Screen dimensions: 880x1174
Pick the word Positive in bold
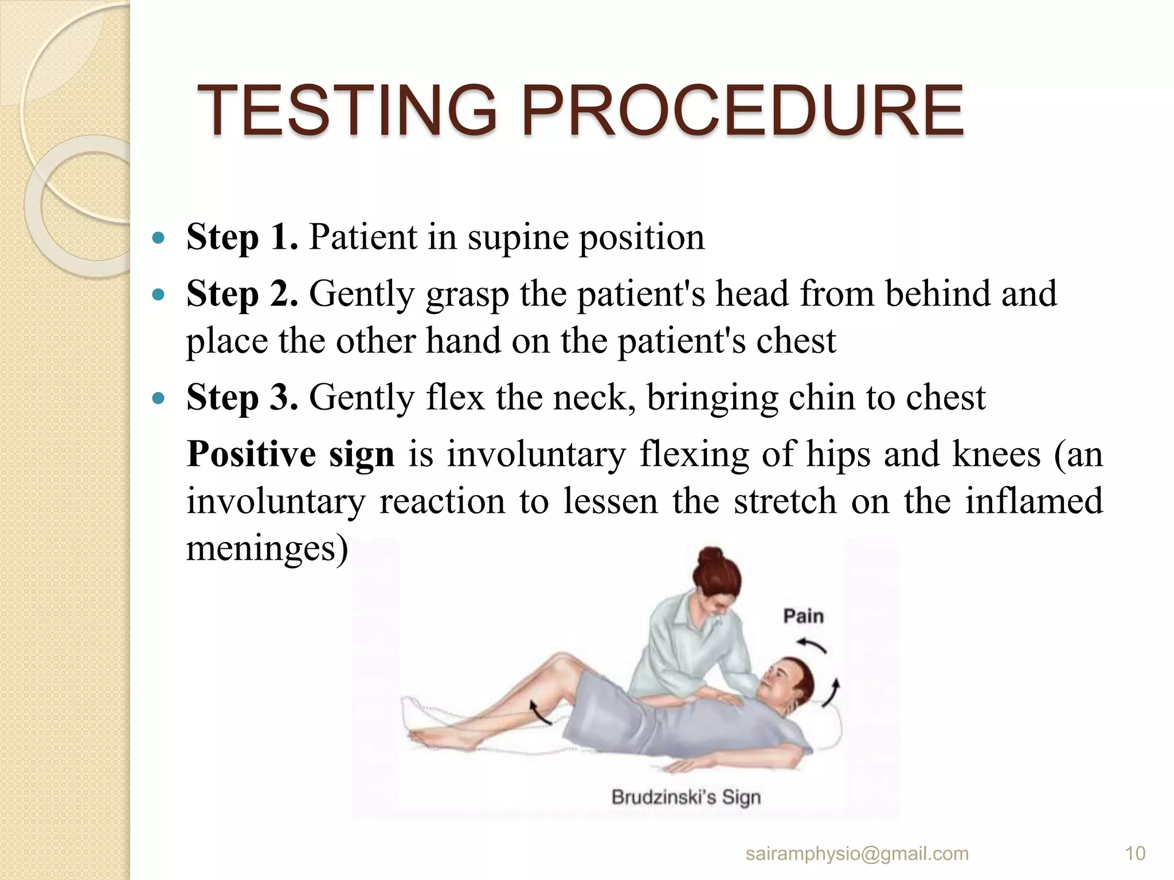(251, 454)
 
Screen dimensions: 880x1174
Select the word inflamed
(1034, 501)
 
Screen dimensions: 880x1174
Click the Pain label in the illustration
(803, 616)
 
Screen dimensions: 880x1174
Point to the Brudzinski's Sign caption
(686, 797)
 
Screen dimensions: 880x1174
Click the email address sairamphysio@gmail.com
(857, 854)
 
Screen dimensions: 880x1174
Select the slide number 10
(1135, 854)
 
